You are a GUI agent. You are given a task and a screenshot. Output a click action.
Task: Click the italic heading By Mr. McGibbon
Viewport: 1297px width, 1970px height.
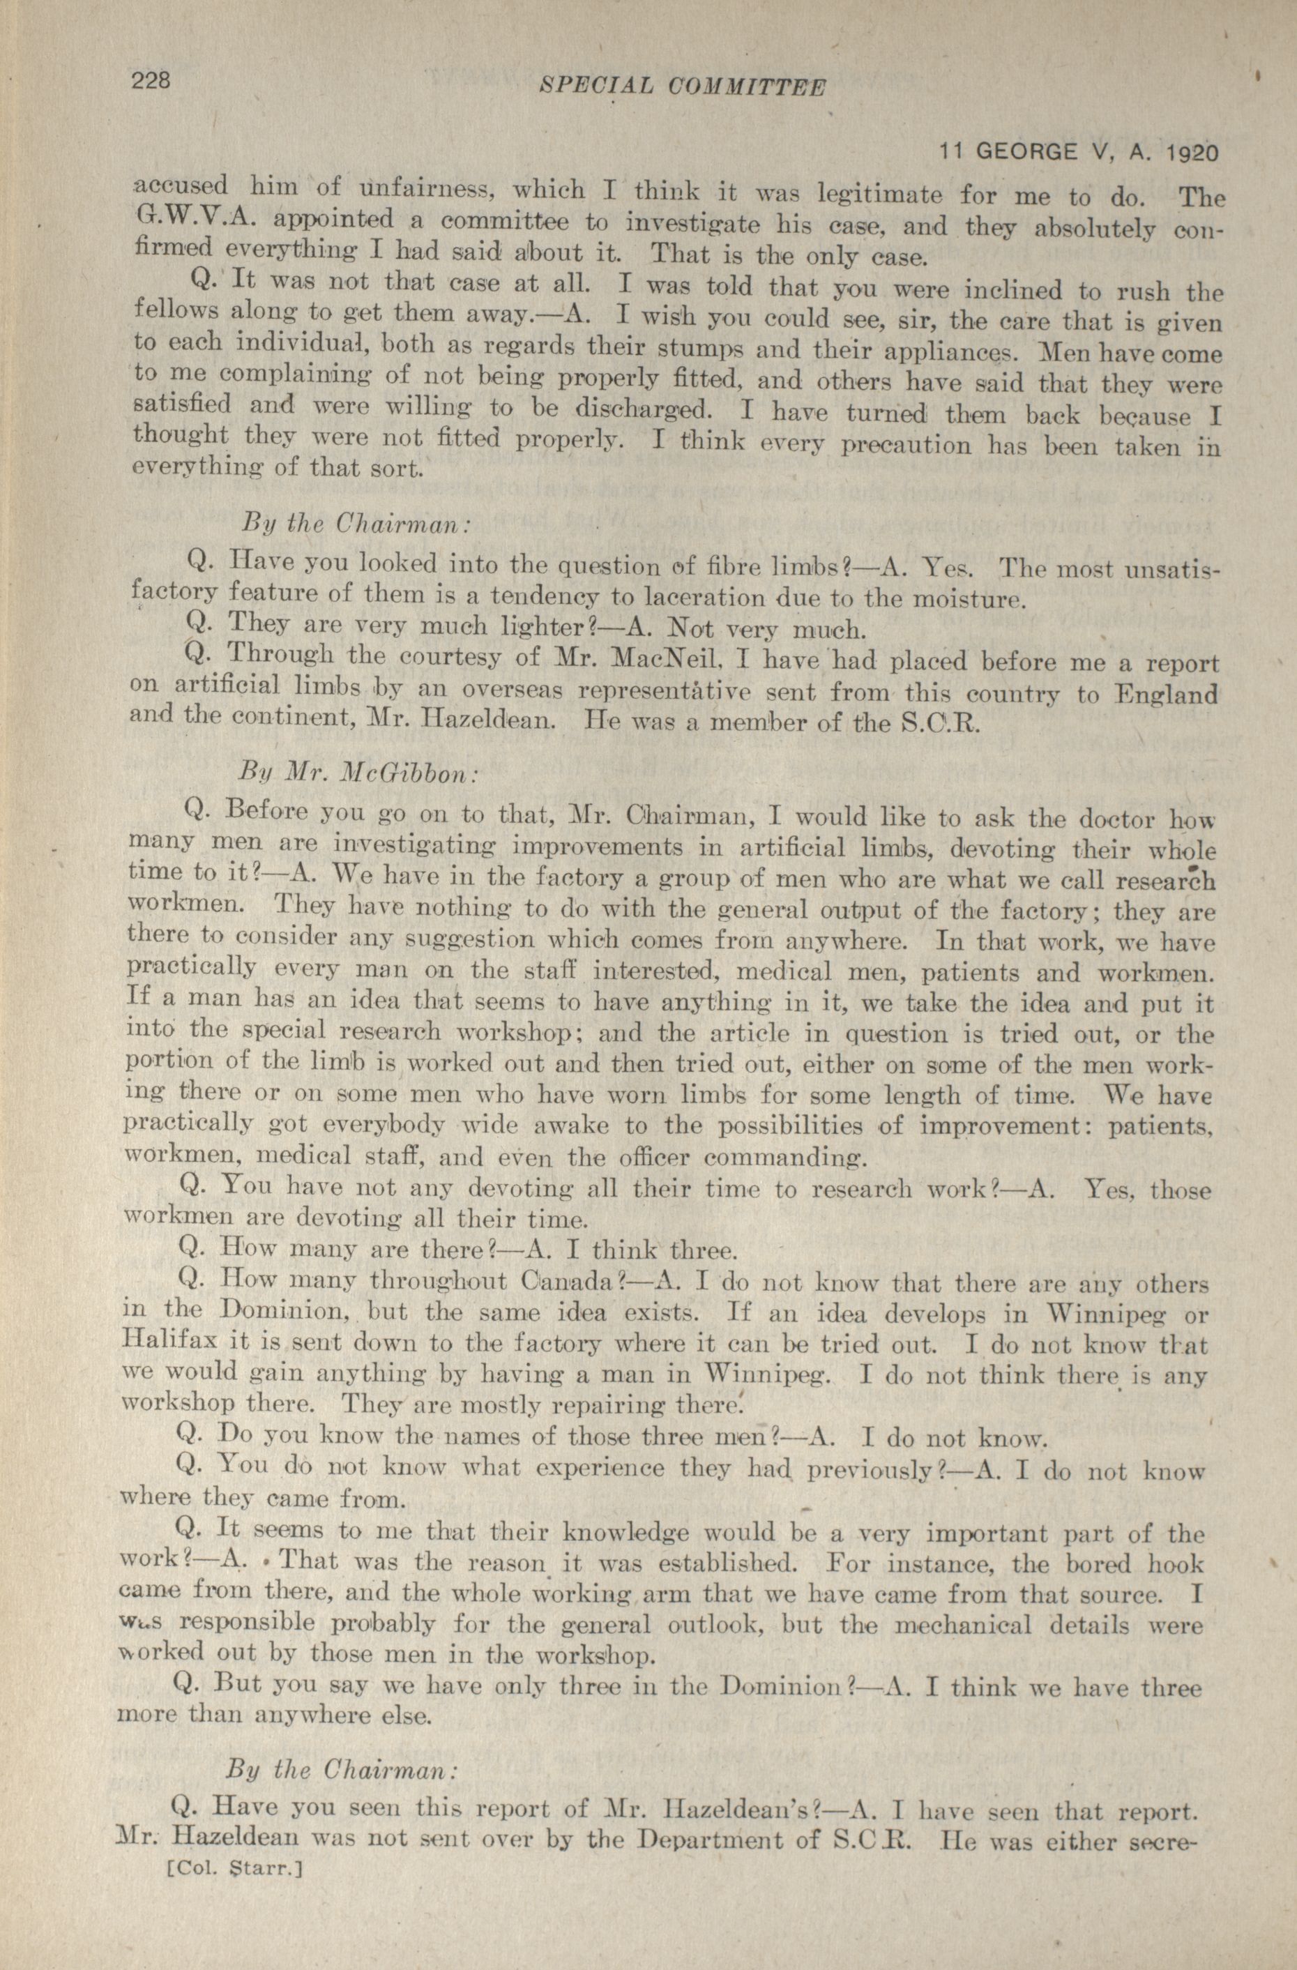358,773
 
